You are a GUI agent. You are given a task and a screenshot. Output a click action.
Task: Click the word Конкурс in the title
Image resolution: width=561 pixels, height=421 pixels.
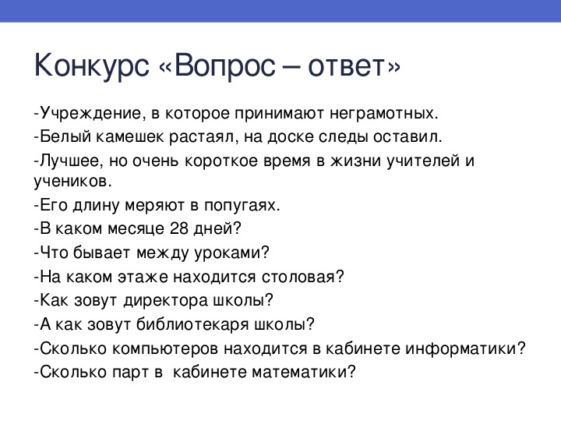tap(92, 66)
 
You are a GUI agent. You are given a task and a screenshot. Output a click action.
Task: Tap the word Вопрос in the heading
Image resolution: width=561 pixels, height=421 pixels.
tap(225, 65)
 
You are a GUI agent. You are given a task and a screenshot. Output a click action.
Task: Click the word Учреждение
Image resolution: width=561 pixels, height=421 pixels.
tap(90, 113)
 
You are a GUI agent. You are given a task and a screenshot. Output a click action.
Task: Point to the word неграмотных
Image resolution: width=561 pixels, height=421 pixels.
tap(383, 113)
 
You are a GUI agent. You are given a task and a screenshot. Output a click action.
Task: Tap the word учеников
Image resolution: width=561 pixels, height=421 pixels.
tap(72, 181)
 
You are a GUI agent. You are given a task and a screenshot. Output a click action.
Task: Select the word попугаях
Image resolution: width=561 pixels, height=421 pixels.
tap(242, 206)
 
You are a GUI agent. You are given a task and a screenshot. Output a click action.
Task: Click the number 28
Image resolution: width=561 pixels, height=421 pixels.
tap(179, 228)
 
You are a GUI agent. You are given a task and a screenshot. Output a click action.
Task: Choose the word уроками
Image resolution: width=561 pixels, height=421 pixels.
tap(231, 253)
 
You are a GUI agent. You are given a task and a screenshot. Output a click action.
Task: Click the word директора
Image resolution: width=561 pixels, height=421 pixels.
tap(166, 300)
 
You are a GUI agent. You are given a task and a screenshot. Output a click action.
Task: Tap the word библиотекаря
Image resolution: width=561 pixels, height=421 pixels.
tap(192, 324)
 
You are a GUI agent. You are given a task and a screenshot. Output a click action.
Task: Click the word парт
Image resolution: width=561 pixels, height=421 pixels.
tap(130, 373)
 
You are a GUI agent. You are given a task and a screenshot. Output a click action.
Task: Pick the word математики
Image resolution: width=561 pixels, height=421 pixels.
tap(304, 373)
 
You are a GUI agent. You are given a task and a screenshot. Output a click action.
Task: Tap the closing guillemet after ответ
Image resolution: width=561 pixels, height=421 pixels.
tap(393, 67)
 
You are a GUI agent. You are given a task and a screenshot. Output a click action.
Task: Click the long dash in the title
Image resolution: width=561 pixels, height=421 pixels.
tap(291, 67)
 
